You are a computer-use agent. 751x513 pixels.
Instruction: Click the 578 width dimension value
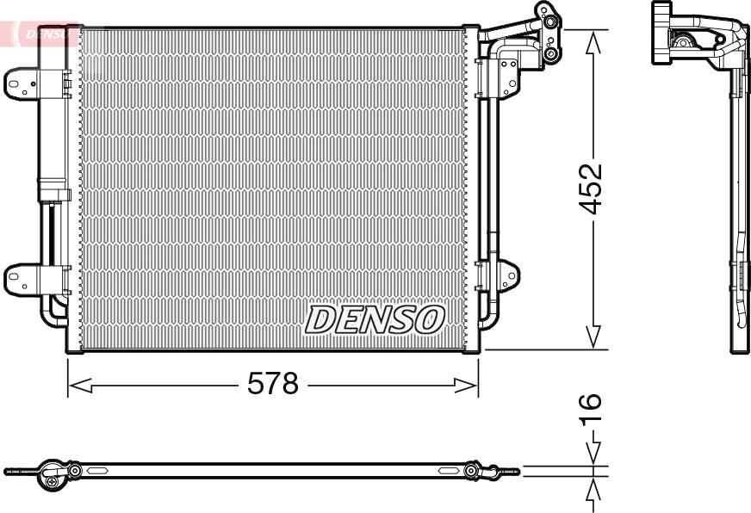click(x=272, y=383)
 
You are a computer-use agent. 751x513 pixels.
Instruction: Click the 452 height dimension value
click(x=590, y=189)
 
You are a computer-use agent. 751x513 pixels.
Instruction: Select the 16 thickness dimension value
click(x=590, y=410)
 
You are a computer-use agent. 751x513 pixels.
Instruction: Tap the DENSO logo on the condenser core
click(x=375, y=319)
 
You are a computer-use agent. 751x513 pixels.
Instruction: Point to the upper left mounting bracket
click(x=22, y=84)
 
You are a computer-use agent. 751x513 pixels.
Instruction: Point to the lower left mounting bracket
click(x=22, y=280)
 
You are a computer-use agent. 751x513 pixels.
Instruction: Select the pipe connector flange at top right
click(x=549, y=32)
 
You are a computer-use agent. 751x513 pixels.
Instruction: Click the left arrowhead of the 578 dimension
click(x=80, y=385)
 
